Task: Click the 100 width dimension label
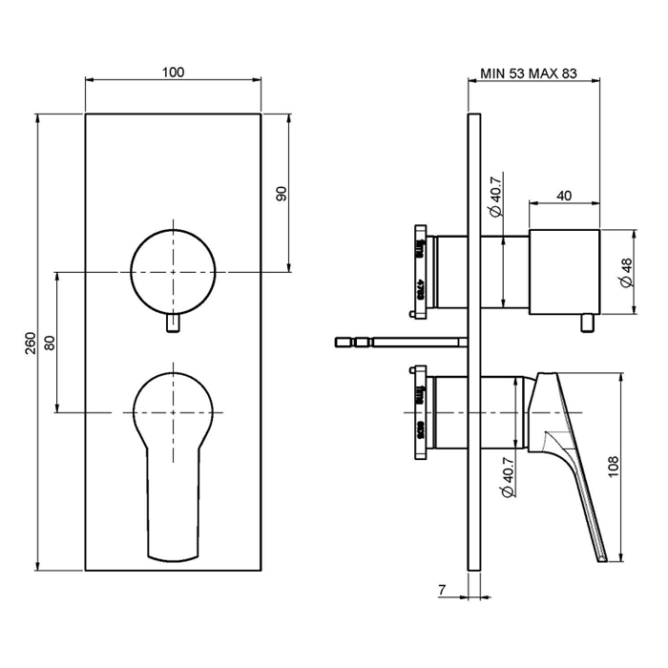coord(173,73)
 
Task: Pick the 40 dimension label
coord(564,196)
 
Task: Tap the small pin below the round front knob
coord(173,326)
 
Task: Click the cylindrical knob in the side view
coord(564,272)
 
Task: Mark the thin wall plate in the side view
coord(472,382)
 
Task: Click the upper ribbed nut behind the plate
coord(419,269)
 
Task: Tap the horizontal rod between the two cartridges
coord(401,341)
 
